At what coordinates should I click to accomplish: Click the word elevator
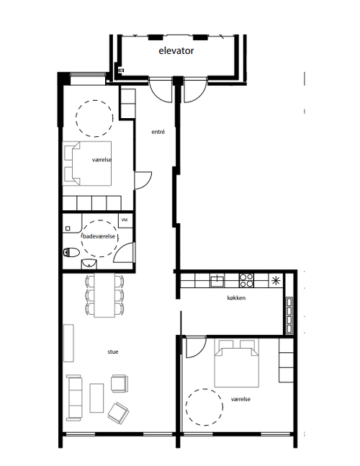pos(176,50)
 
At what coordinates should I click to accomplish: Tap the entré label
pos(158,132)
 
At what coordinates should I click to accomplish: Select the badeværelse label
pos(99,236)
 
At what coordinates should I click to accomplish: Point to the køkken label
pos(236,297)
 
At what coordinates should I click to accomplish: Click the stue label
pos(113,351)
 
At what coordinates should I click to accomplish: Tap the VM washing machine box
pos(125,220)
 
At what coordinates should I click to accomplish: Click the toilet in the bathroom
pos(71,253)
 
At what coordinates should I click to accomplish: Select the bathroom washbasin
pos(89,264)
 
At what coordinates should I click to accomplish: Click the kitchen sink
pos(217,280)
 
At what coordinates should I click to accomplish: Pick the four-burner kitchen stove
pos(246,280)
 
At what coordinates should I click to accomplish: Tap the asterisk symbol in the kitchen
pos(276,280)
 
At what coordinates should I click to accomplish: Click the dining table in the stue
pos(104,295)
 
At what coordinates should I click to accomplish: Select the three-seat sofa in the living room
pos(74,398)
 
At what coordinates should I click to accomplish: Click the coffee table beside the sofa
pos(96,398)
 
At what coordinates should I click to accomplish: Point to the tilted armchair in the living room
pos(118,413)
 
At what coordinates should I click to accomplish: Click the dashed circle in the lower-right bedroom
pos(204,407)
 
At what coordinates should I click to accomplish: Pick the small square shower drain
pos(68,228)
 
